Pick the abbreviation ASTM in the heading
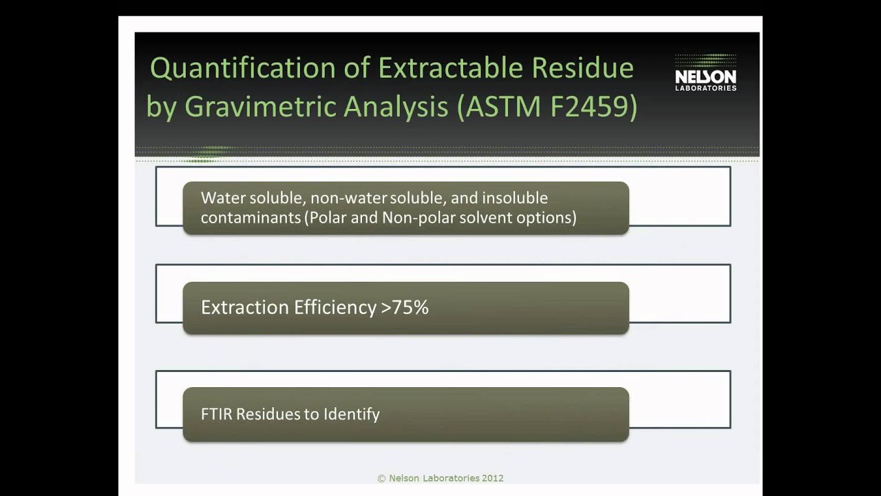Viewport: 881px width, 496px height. (x=497, y=108)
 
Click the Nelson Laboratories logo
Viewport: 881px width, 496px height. (x=705, y=73)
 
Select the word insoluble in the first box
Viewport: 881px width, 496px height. (x=515, y=198)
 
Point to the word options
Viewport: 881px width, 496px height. (x=551, y=218)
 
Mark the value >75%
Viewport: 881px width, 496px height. (x=405, y=307)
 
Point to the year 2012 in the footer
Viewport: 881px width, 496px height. (x=493, y=478)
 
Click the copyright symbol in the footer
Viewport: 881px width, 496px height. (x=381, y=478)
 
